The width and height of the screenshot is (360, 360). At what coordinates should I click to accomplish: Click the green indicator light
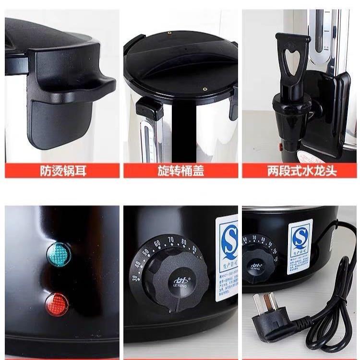pyautogui.click(x=58, y=252)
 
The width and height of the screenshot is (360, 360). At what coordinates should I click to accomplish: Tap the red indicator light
pyautogui.click(x=57, y=303)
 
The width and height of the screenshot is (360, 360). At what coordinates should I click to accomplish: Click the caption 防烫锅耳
pyautogui.click(x=61, y=171)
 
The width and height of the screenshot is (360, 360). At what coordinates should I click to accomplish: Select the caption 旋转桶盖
pyautogui.click(x=180, y=171)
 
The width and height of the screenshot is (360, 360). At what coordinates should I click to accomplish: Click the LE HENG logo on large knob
pyautogui.click(x=176, y=280)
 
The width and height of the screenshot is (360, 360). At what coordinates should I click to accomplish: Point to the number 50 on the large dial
pyautogui.click(x=148, y=248)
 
